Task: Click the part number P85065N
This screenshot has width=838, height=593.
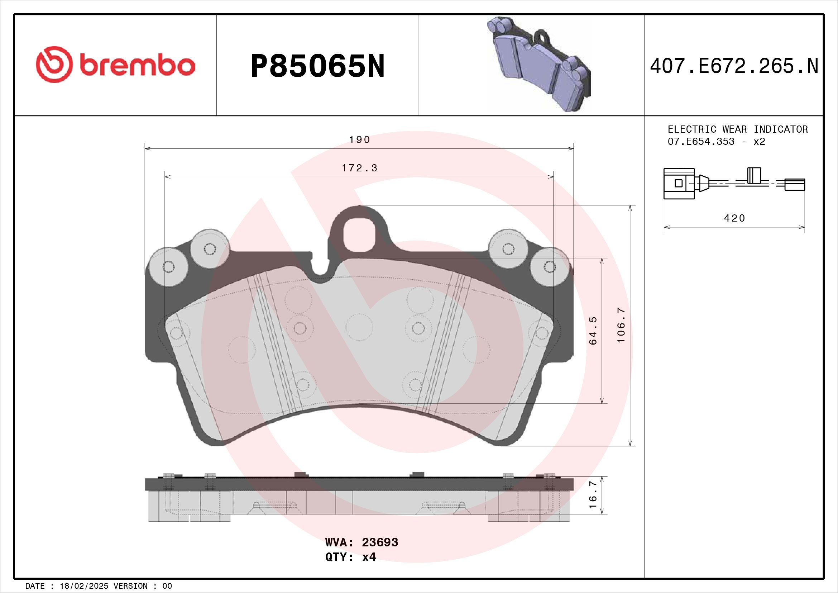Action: (x=317, y=66)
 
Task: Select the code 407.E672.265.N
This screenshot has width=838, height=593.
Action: (x=734, y=66)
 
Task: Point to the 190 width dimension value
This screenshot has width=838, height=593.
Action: (x=359, y=140)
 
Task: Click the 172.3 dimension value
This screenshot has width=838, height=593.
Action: (x=359, y=169)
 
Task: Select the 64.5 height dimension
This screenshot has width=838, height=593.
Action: (x=593, y=331)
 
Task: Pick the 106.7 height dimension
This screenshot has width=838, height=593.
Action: (x=621, y=325)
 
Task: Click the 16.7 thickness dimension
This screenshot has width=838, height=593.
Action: (x=593, y=495)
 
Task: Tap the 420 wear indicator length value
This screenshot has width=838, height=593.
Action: (x=734, y=218)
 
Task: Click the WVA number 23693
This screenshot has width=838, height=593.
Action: (x=379, y=542)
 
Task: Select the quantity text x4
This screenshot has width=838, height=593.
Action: (x=369, y=557)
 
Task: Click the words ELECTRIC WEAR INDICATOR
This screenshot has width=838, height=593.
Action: (x=737, y=129)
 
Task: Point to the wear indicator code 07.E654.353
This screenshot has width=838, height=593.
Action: (x=701, y=141)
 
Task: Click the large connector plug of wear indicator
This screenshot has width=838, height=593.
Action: (x=679, y=183)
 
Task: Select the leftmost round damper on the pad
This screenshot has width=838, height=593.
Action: (x=168, y=267)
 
